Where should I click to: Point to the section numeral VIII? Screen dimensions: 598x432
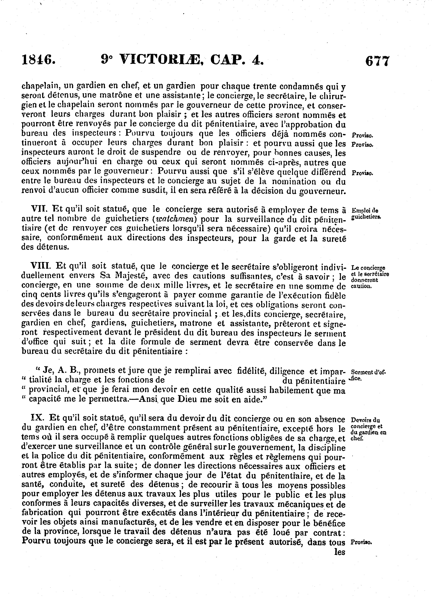[41, 267]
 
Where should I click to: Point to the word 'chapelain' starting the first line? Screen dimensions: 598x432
[38, 86]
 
